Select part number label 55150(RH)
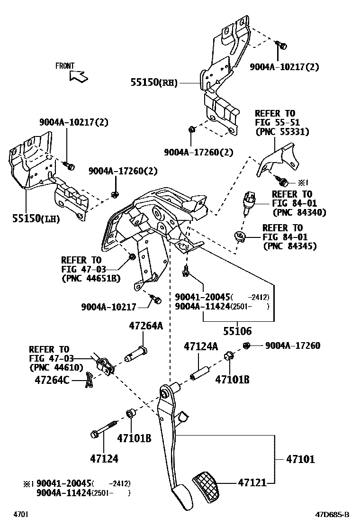pyautogui.click(x=154, y=82)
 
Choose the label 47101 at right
pyautogui.click(x=300, y=459)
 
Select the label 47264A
pyautogui.click(x=145, y=326)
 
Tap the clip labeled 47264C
pyautogui.click(x=89, y=379)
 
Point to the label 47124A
pyautogui.click(x=200, y=347)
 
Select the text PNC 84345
pyautogui.click(x=289, y=246)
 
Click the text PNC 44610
pyautogui.click(x=56, y=367)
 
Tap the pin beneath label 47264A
pyautogui.click(x=136, y=354)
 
